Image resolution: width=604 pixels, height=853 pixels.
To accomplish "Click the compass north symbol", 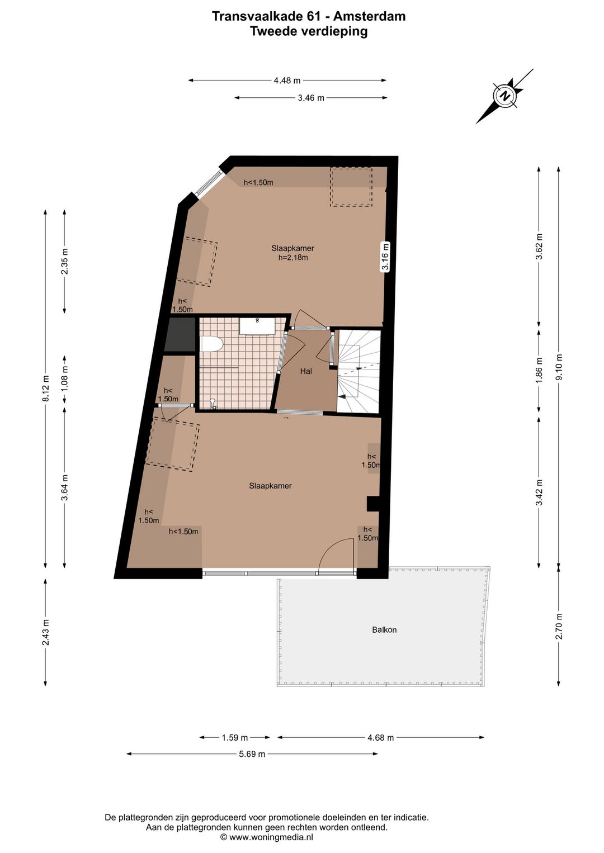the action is (505, 96).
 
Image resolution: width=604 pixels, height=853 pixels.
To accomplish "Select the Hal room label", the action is (306, 371).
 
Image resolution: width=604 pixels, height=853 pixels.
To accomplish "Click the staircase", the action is (358, 371).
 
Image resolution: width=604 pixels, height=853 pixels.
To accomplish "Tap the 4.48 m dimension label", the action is (287, 80).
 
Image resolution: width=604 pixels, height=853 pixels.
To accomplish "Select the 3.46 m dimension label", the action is (311, 98).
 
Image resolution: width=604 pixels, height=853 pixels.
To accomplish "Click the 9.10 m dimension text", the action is (559, 367).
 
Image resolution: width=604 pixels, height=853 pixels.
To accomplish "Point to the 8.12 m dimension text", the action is (46, 388).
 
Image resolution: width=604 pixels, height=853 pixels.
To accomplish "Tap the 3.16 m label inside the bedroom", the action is (386, 257).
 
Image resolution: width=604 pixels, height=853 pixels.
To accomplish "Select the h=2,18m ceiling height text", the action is (293, 258).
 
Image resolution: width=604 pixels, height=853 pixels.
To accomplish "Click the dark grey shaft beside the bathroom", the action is (180, 334).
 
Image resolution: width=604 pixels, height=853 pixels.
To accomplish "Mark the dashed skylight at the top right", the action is (351, 187).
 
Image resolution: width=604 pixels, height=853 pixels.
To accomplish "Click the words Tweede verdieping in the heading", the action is (309, 31).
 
